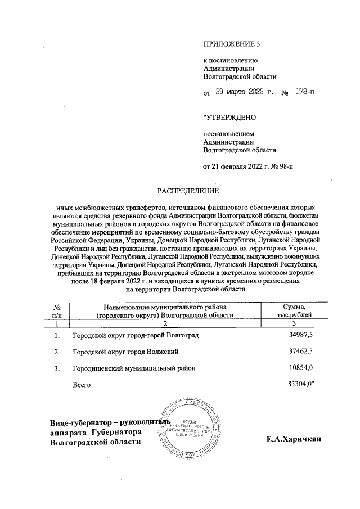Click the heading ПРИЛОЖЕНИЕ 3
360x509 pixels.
[x=232, y=43]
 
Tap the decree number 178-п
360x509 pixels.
[x=305, y=93]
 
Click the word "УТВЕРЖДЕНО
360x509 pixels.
[x=229, y=118]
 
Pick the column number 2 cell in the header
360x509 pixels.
[x=165, y=324]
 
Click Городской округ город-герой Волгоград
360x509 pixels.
[x=135, y=336]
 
